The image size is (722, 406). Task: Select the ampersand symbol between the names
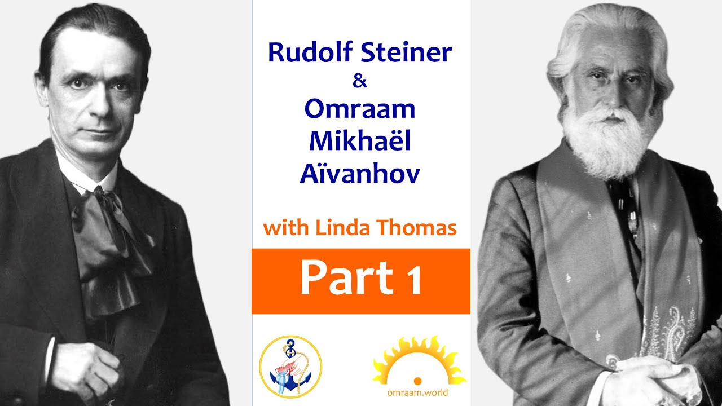coord(360,81)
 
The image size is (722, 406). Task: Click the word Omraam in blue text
coord(360,109)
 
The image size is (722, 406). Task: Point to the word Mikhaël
coord(360,142)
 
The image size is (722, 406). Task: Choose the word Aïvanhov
coord(360,174)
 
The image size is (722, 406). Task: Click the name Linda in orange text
coord(338,228)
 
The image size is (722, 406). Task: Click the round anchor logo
coord(290,367)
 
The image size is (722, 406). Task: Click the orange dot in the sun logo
coord(418,381)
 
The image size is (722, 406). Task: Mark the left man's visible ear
coord(42,90)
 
